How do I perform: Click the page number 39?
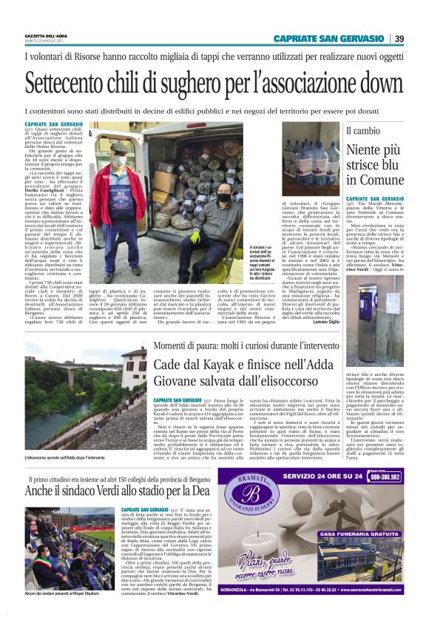click(399, 38)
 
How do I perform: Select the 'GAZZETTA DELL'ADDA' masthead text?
click(46, 36)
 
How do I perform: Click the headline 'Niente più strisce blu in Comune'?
click(374, 165)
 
